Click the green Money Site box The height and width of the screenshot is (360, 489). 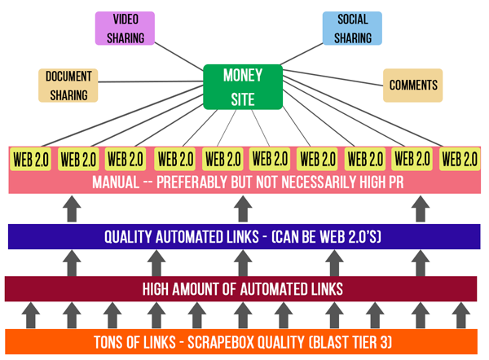[243, 86]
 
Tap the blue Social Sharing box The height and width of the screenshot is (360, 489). [352, 29]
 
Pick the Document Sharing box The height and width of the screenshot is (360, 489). [68, 86]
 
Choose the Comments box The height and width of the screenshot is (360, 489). [413, 86]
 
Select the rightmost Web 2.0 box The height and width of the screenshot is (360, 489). [460, 159]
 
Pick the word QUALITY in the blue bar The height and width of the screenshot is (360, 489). [131, 237]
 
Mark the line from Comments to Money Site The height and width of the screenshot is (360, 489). [334, 82]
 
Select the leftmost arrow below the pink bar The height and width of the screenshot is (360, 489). [71, 211]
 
